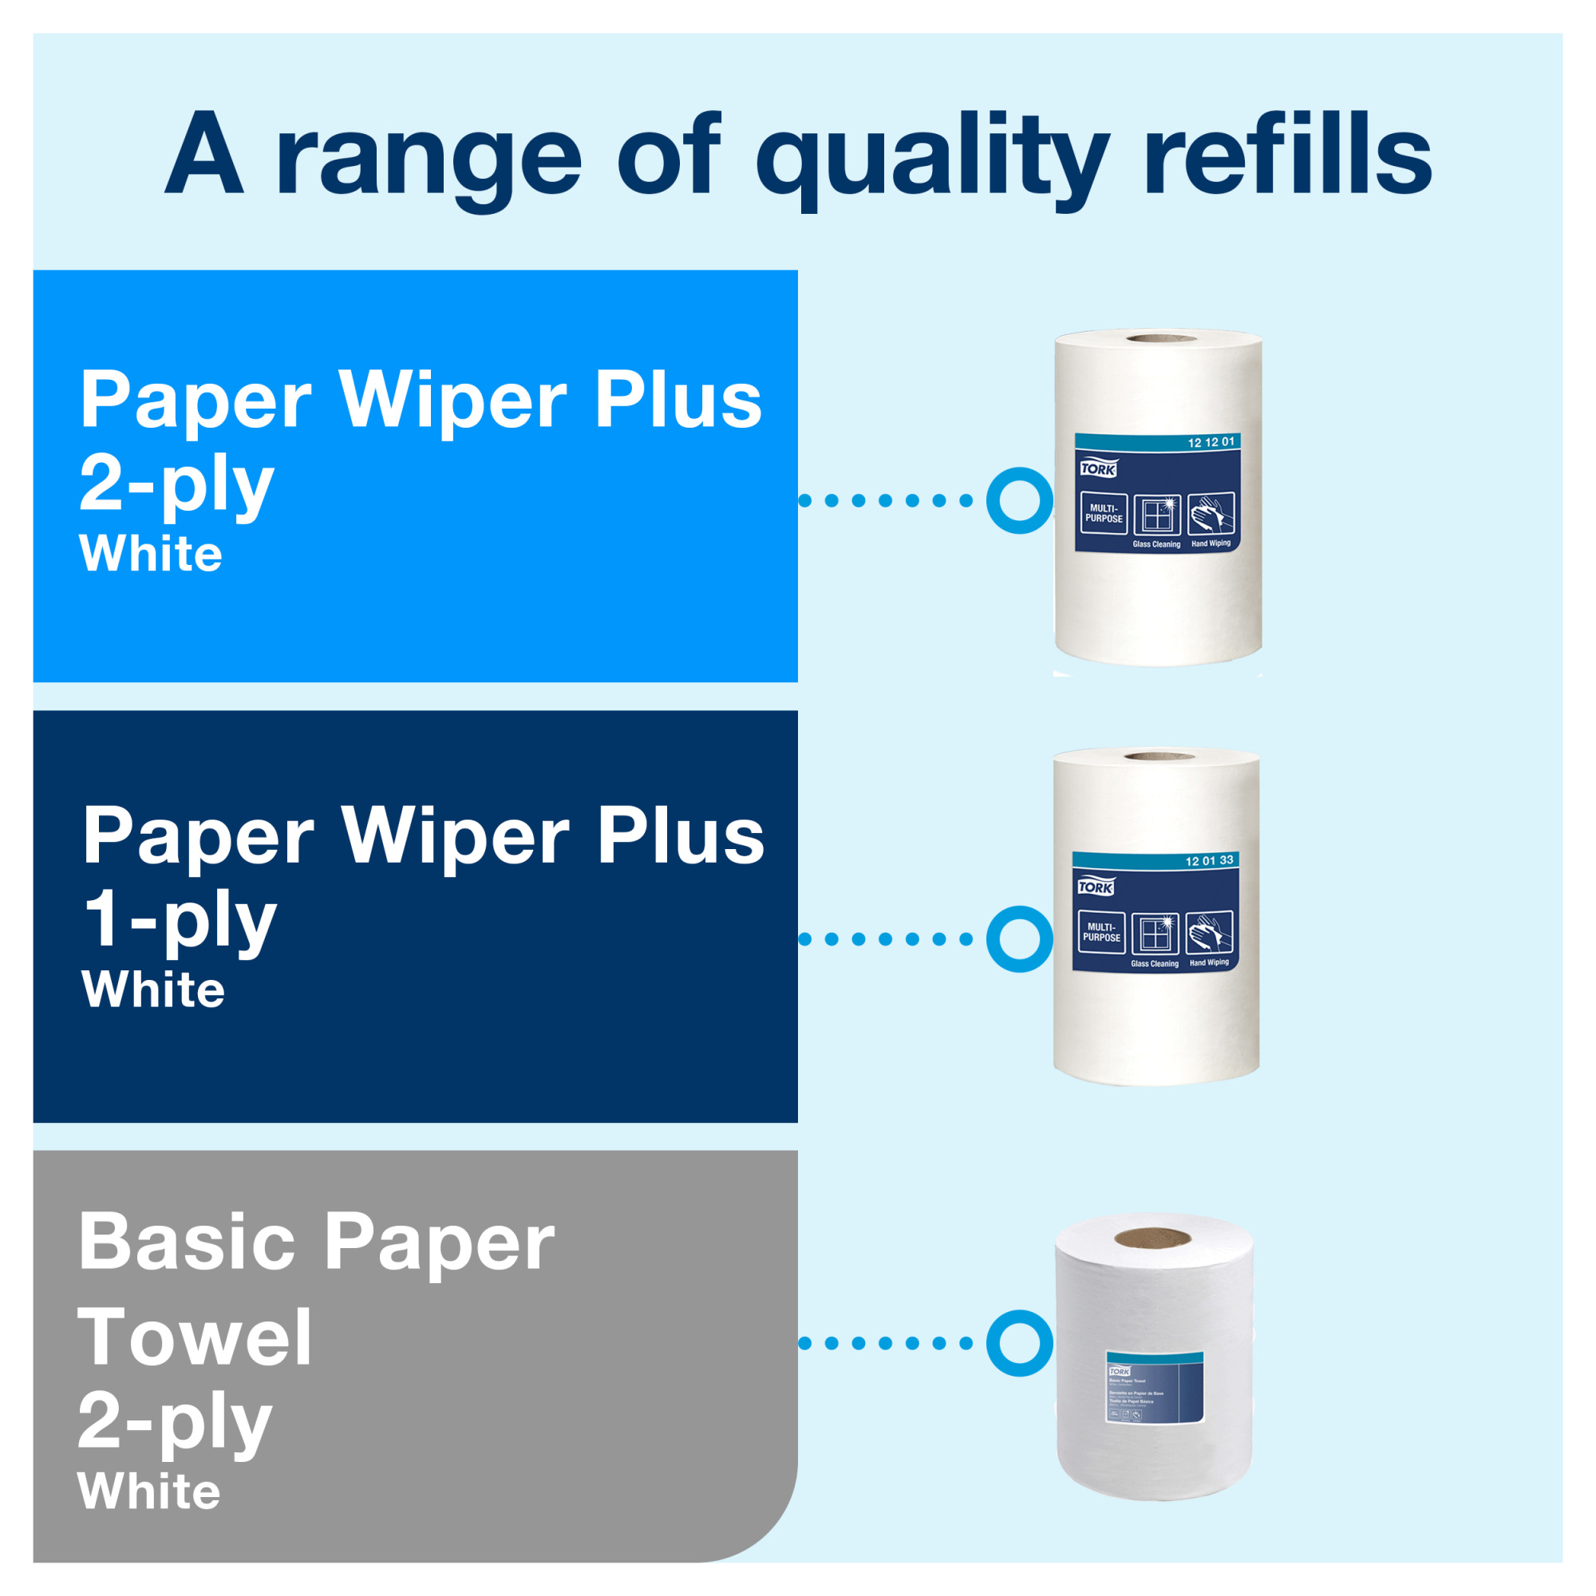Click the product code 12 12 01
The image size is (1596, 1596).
tap(1211, 442)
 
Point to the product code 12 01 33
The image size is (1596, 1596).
tap(1208, 861)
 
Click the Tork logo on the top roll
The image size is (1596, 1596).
tap(1098, 468)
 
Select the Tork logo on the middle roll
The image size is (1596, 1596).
tap(1096, 887)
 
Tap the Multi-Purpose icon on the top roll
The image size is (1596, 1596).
tap(1104, 513)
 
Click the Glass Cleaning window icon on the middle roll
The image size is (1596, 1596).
tap(1154, 934)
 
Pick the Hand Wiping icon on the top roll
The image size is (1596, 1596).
tap(1211, 514)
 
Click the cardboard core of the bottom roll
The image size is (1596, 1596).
tap(1152, 1238)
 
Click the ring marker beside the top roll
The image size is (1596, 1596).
tap(1019, 500)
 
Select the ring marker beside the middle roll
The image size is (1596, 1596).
tap(1019, 938)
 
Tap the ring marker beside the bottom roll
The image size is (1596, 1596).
tap(1019, 1343)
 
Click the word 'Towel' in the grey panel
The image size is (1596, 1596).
tap(195, 1339)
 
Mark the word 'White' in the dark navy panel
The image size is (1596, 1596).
tap(153, 990)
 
